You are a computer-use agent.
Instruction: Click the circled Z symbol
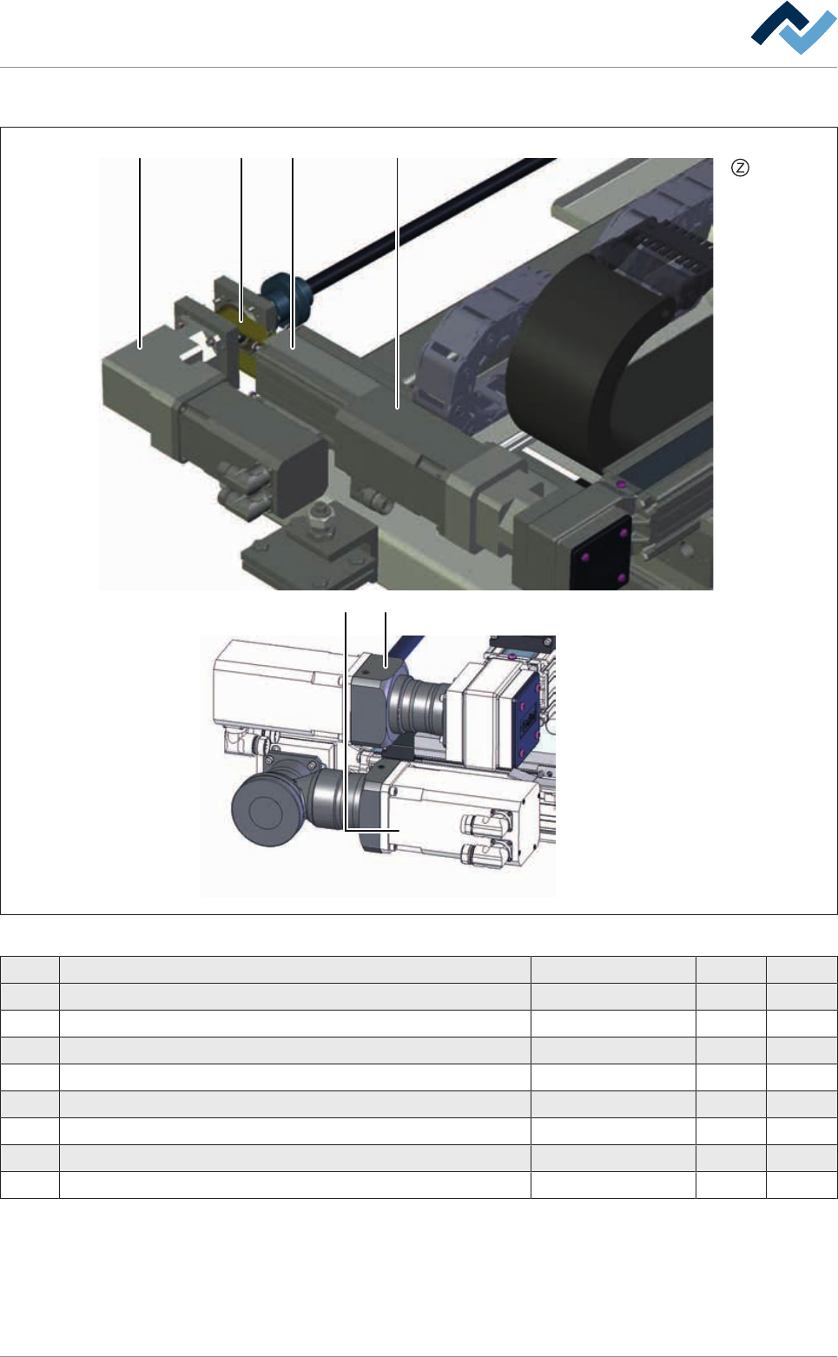pyautogui.click(x=740, y=168)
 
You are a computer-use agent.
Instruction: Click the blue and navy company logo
pyautogui.click(x=793, y=28)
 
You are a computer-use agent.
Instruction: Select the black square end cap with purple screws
pyautogui.click(x=600, y=552)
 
